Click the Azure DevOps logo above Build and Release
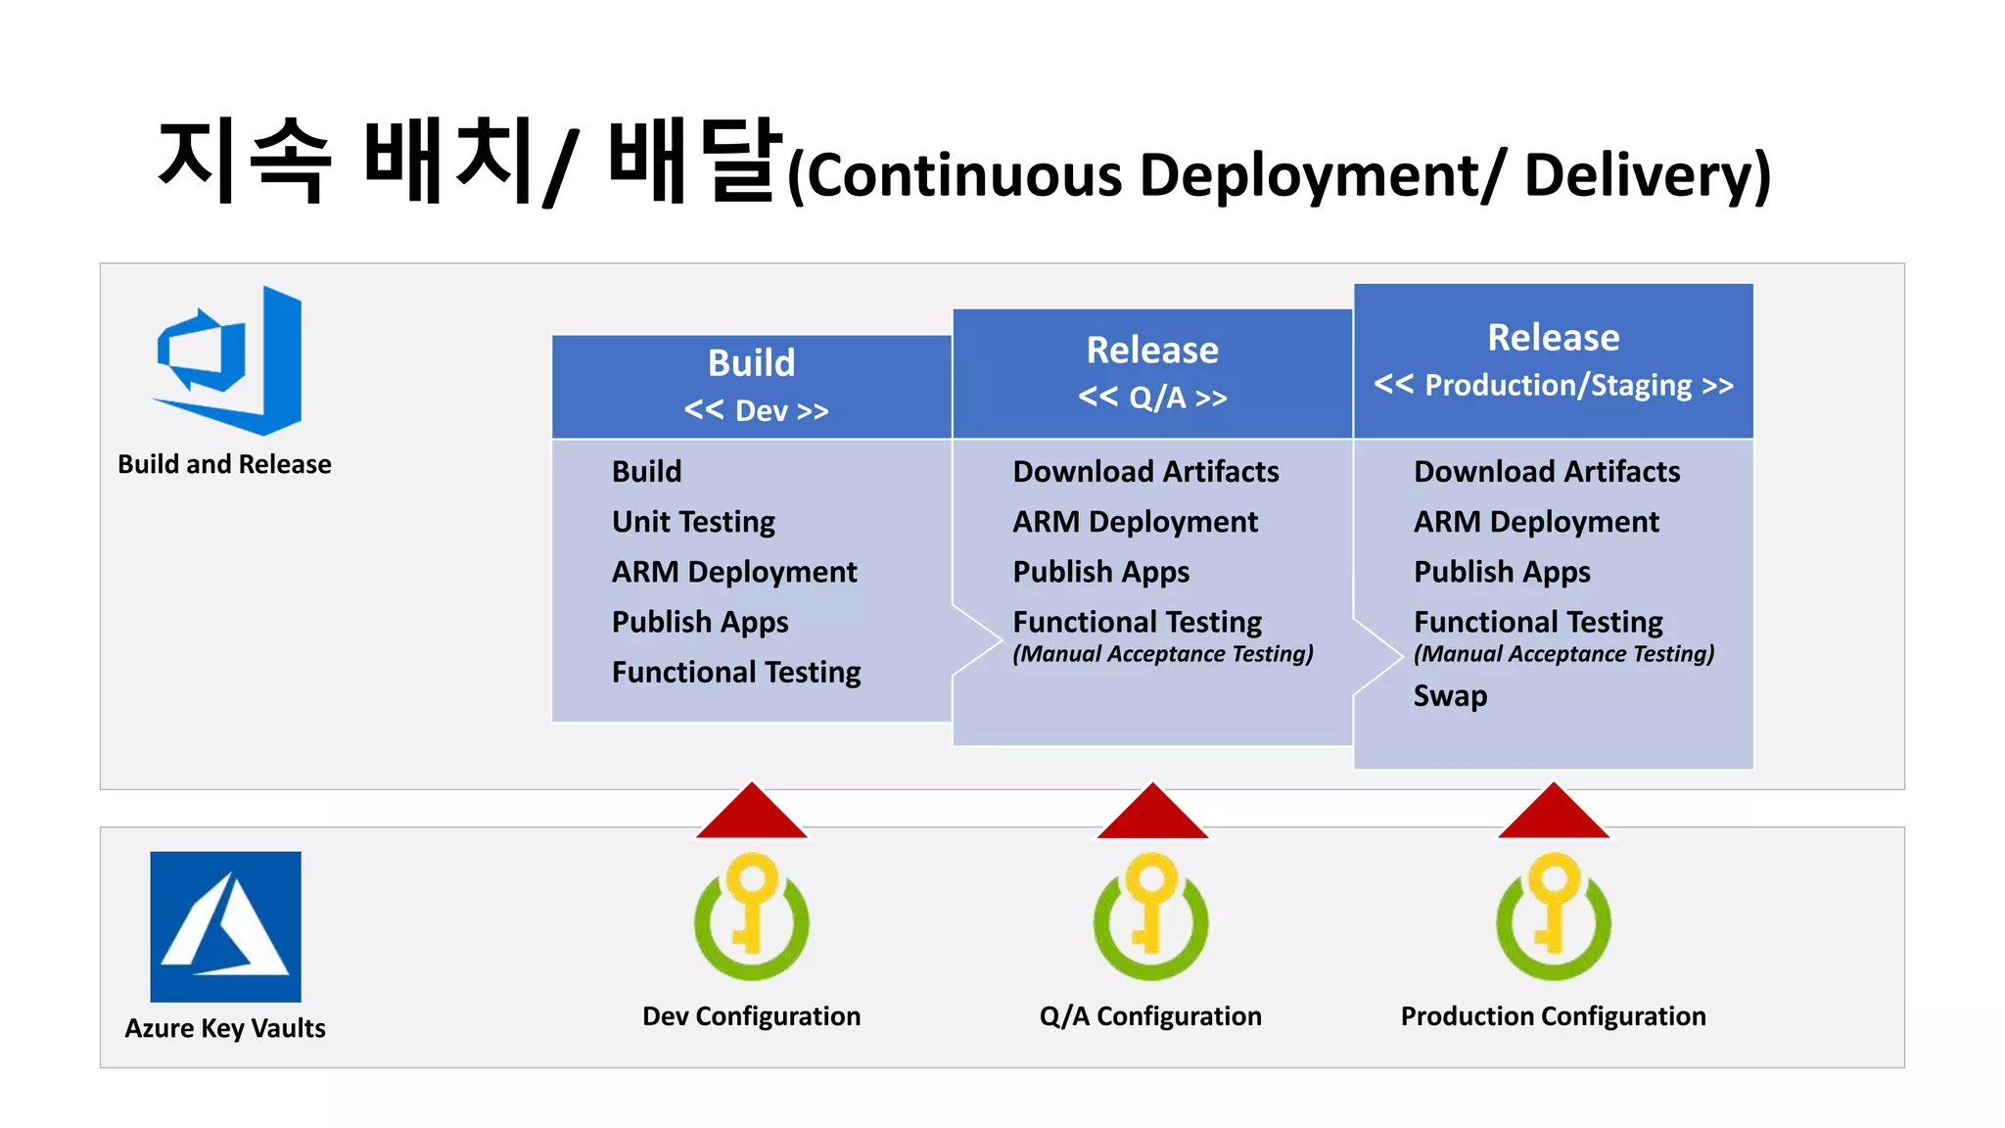228,360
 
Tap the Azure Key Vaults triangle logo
225,926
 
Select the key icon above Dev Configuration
751,916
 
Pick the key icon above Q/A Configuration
1151,916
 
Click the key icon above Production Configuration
1554,916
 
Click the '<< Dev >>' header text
756,410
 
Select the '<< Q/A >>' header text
1152,398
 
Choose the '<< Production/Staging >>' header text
1554,385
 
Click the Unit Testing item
693,522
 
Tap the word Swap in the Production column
1450,696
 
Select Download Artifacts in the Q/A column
1145,472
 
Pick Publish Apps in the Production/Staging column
1502,572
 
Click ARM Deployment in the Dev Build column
734,572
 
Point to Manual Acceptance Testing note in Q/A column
1163,654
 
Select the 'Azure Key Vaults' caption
225,1028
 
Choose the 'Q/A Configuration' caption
1150,1016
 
